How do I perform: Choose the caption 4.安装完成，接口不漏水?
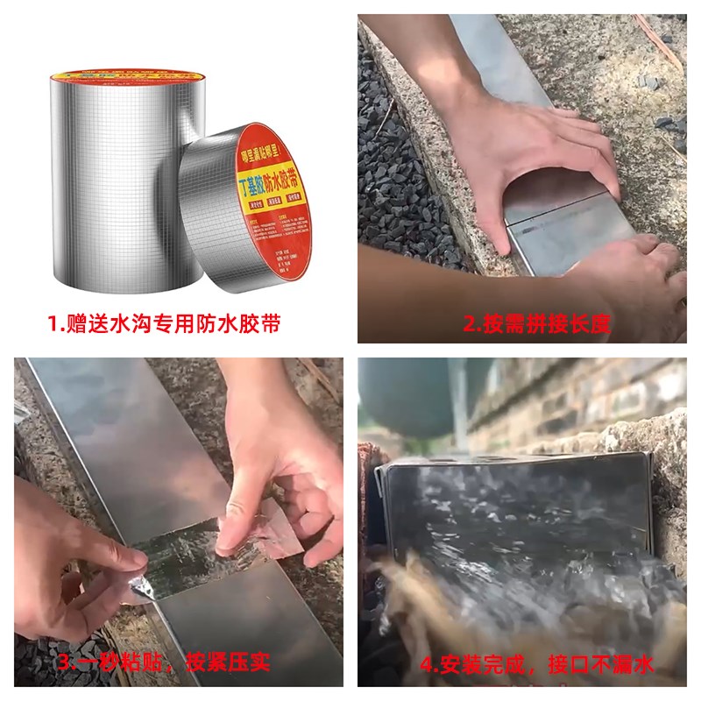pos(536,665)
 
